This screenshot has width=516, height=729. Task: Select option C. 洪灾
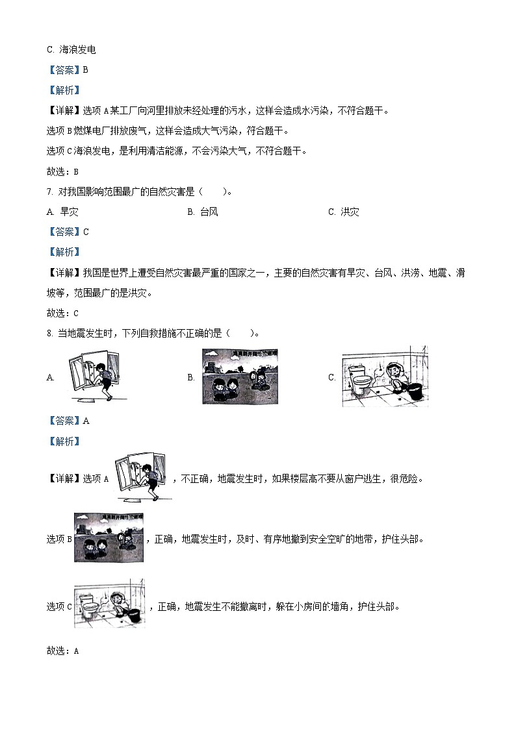point(343,212)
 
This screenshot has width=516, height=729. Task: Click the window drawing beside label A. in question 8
point(93,377)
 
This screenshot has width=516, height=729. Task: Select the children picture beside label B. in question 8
point(240,377)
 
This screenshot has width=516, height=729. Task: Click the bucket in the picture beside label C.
point(415,391)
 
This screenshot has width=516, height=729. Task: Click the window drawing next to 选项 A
point(141,478)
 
